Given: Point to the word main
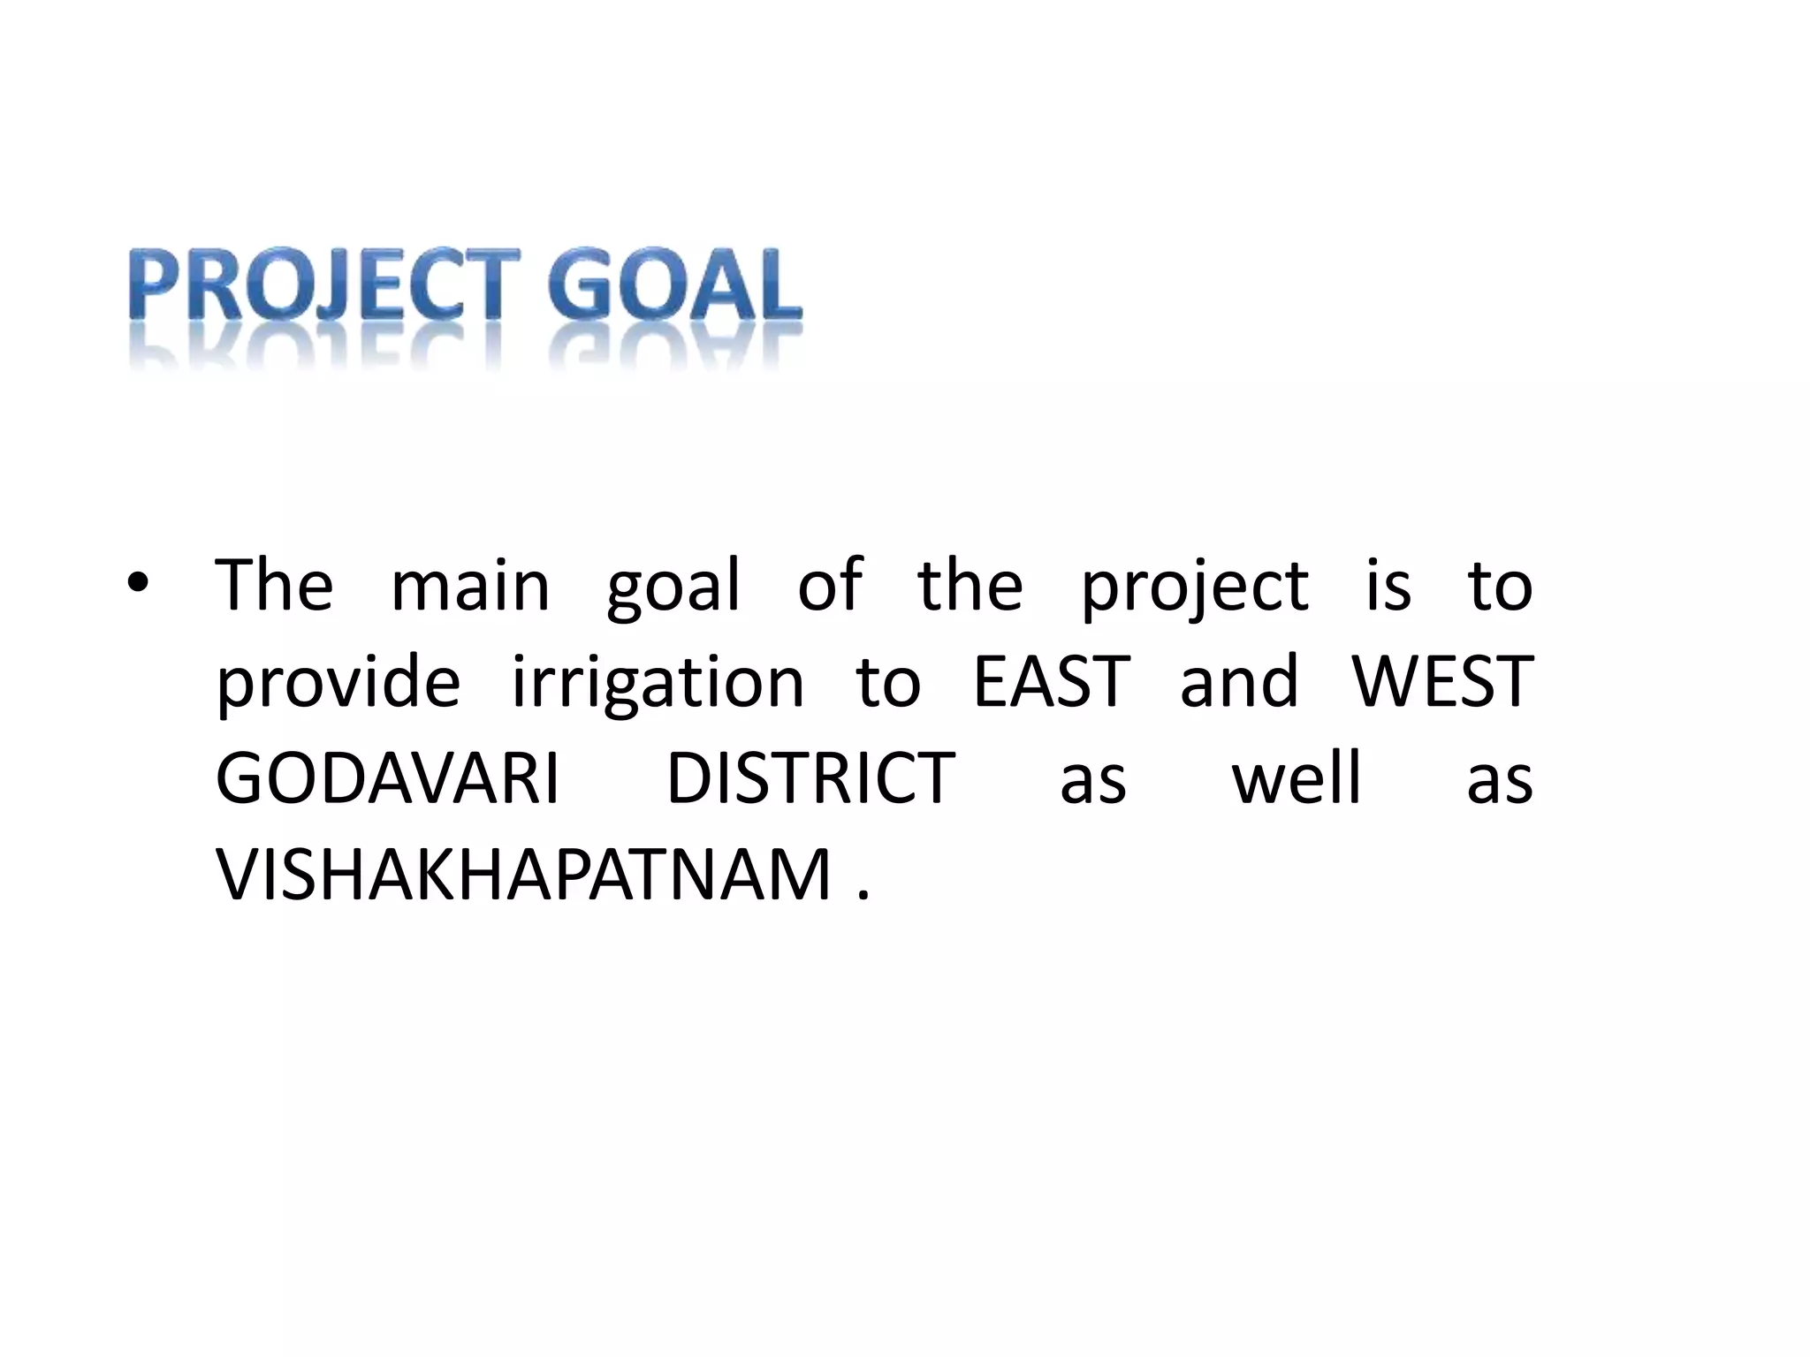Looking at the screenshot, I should click(x=470, y=586).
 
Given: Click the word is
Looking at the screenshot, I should click(x=1388, y=586).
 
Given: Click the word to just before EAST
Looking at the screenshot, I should click(x=888, y=682).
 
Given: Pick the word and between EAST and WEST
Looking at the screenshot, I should click(x=1239, y=682).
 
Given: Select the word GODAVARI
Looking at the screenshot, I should click(x=388, y=778).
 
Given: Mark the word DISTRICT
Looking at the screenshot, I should click(x=810, y=778).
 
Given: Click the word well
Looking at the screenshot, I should click(x=1297, y=778).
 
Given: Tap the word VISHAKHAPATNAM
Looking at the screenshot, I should click(x=524, y=875).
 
